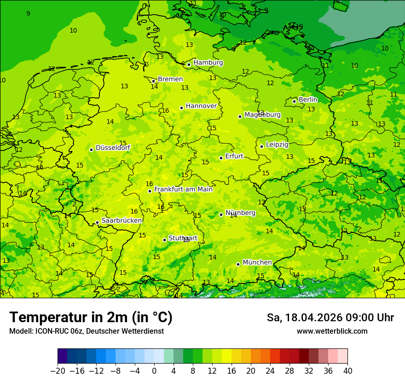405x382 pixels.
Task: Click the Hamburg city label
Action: (x=208, y=63)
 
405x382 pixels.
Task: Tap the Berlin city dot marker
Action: (x=295, y=101)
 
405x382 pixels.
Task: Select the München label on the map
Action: (x=257, y=262)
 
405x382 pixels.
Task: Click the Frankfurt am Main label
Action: (x=183, y=189)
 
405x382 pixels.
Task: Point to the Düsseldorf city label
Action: (x=113, y=148)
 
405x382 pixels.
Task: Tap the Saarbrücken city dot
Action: (x=97, y=222)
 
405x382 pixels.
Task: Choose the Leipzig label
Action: (x=277, y=145)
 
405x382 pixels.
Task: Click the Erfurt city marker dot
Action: (x=221, y=158)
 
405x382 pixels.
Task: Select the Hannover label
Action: (x=201, y=106)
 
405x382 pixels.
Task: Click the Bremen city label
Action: (x=170, y=79)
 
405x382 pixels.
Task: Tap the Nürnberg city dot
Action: (x=221, y=214)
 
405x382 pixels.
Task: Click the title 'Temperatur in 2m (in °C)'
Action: (x=91, y=318)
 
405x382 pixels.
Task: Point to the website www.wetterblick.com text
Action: (x=332, y=331)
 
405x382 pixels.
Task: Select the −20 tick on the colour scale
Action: (x=58, y=371)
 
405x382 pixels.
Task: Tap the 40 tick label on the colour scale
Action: (x=347, y=371)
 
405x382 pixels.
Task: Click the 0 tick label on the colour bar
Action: (x=154, y=371)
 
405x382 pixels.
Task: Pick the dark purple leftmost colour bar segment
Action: (x=62, y=356)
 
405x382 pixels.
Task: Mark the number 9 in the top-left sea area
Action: (x=28, y=13)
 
